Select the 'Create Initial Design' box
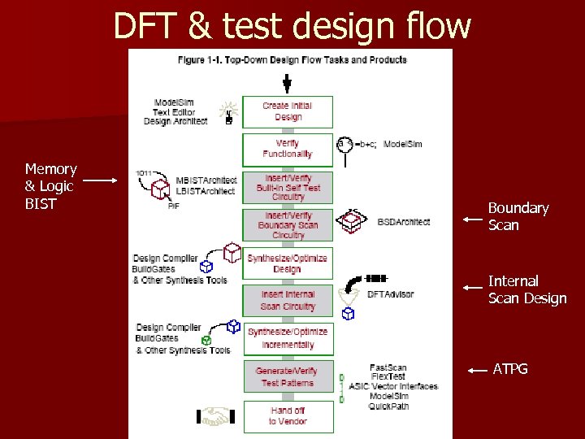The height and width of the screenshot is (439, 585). pyautogui.click(x=288, y=111)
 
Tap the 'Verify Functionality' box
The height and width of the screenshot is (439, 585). pyautogui.click(x=288, y=149)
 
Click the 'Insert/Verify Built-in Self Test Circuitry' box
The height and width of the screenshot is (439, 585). pyautogui.click(x=288, y=187)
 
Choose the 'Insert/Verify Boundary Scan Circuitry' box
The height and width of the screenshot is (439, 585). pyautogui.click(x=288, y=225)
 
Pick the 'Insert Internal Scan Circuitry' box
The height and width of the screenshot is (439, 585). pyautogui.click(x=288, y=300)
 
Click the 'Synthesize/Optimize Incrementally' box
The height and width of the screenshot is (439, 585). pyautogui.click(x=288, y=338)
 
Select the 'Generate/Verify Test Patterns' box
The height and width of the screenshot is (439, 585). pyautogui.click(x=288, y=376)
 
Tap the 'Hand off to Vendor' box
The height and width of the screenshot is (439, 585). pyautogui.click(x=288, y=415)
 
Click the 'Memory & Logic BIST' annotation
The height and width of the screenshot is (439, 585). pyautogui.click(x=50, y=186)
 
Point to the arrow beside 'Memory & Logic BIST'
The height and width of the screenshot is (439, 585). pyautogui.click(x=101, y=180)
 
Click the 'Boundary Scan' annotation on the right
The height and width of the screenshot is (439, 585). pyautogui.click(x=518, y=216)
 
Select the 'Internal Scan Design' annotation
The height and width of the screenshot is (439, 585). pyautogui.click(x=526, y=289)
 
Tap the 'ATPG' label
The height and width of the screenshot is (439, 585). pyautogui.click(x=510, y=369)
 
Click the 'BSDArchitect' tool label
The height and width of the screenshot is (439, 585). pyautogui.click(x=404, y=221)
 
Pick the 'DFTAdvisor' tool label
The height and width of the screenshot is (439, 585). pyautogui.click(x=391, y=294)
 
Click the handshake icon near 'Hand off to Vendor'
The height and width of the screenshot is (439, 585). pyautogui.click(x=215, y=417)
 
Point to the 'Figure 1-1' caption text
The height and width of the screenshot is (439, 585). pyautogui.click(x=292, y=59)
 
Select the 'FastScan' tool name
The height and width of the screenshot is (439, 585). pyautogui.click(x=388, y=367)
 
